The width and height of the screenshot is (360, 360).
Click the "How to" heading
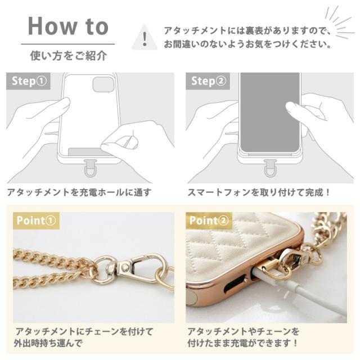click(68, 26)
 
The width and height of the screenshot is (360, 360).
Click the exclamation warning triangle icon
click(145, 38)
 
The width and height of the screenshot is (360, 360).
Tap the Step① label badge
click(29, 81)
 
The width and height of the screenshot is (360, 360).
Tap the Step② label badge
click(208, 81)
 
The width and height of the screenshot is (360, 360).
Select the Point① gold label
click(36, 220)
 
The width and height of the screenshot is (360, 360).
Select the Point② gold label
click(209, 220)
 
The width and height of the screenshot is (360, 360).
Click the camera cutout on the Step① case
click(103, 84)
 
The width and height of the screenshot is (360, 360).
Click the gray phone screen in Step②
click(270, 112)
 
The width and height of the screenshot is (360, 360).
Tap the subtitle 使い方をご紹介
click(69, 56)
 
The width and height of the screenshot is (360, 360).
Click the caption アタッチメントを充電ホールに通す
click(79, 192)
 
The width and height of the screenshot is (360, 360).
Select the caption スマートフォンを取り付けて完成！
click(259, 192)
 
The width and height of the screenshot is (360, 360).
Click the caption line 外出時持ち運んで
click(48, 343)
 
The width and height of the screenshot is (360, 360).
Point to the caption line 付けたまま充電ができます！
click(242, 343)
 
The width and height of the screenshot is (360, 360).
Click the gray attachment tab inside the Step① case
click(87, 152)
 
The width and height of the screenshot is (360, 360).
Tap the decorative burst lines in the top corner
click(339, 23)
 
